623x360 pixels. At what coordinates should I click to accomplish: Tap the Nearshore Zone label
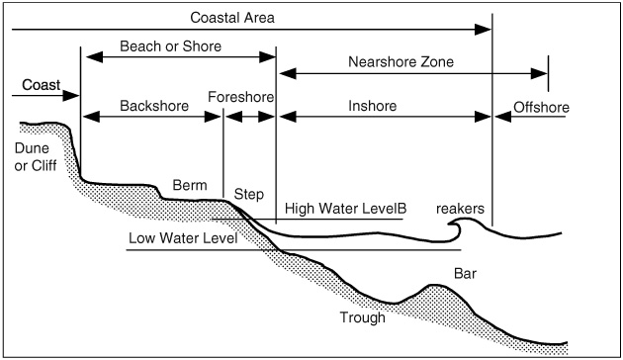(x=401, y=61)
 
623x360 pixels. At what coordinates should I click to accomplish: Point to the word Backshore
(x=153, y=105)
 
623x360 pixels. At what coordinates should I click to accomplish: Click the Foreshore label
(x=241, y=96)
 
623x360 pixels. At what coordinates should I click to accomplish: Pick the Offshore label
(x=541, y=104)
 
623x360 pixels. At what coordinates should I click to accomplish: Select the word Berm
(x=189, y=185)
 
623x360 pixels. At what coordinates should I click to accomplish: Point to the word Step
(x=248, y=196)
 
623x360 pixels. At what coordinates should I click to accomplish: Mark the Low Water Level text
(x=180, y=238)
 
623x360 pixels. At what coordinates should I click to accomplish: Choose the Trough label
(x=360, y=318)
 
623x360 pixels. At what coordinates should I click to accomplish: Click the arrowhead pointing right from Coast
(x=72, y=97)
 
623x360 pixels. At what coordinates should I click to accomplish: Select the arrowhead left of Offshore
(x=499, y=116)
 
